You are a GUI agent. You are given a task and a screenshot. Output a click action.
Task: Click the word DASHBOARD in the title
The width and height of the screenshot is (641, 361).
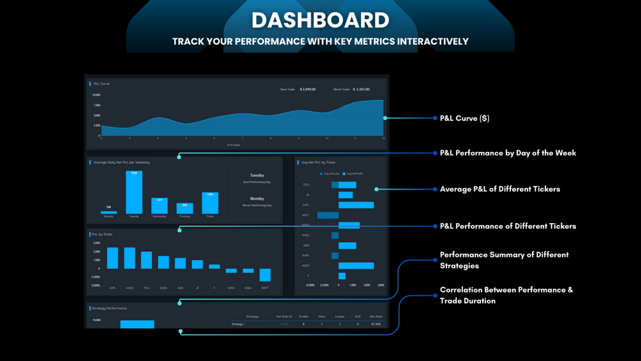(x=320, y=20)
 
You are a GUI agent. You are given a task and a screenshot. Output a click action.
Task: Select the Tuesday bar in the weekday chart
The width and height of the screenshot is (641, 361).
(x=134, y=192)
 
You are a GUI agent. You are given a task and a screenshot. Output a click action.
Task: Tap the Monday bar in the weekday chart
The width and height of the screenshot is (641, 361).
(x=108, y=212)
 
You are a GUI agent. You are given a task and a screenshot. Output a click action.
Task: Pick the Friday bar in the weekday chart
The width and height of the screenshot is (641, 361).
(x=210, y=203)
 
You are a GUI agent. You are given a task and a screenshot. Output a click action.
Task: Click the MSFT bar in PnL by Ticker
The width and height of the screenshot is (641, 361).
(x=265, y=275)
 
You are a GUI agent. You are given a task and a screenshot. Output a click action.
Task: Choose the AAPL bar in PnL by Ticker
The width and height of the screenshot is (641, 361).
(x=113, y=258)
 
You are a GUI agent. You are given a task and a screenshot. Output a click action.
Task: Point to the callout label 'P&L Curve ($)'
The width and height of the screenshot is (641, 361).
(x=464, y=118)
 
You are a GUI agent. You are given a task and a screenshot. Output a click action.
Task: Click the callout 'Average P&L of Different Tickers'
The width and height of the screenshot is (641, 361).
(x=499, y=189)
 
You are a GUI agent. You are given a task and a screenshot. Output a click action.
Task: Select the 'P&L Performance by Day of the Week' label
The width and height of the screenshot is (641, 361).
(x=508, y=153)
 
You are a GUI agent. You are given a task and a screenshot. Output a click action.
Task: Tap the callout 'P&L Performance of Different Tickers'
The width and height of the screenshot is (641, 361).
(x=508, y=226)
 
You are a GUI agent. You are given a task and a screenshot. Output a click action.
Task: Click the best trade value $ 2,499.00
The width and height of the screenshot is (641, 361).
(x=307, y=89)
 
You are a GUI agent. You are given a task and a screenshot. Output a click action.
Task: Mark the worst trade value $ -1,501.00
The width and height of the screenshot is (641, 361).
(x=361, y=89)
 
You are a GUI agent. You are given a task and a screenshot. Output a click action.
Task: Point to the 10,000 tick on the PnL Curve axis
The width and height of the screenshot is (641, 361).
(x=96, y=95)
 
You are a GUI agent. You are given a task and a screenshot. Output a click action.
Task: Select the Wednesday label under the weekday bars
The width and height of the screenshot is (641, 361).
(x=159, y=217)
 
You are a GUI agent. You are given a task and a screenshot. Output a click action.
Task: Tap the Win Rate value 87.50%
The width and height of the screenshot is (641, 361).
(x=376, y=325)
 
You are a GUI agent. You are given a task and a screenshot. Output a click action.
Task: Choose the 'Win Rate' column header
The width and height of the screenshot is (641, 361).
(x=376, y=316)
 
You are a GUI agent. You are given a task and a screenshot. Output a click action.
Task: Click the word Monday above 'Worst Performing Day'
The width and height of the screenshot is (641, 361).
(x=257, y=199)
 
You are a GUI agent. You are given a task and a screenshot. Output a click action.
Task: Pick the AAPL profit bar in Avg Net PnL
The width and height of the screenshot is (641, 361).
(x=356, y=205)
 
